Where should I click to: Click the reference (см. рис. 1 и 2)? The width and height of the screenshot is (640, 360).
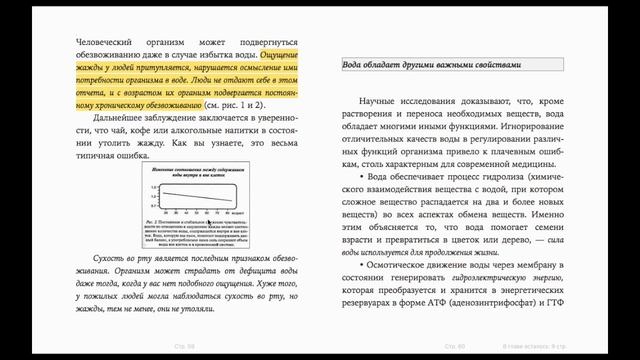[x=235, y=103]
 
